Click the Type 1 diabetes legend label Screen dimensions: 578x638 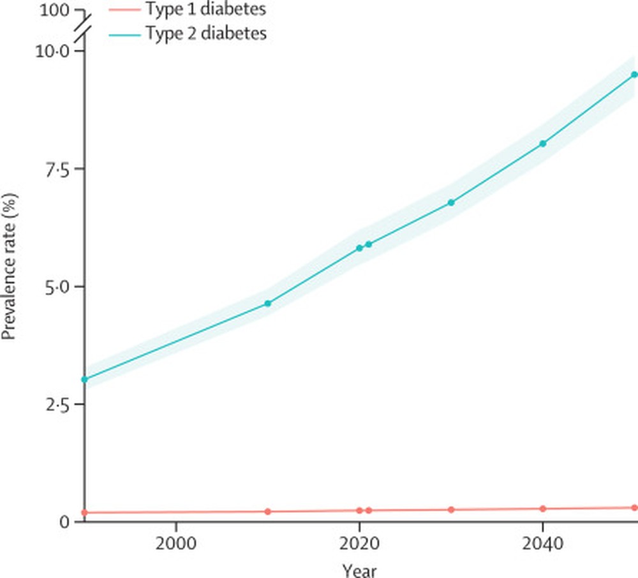click(205, 10)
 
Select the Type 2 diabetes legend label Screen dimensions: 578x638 click(205, 34)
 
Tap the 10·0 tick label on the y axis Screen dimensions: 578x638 click(52, 51)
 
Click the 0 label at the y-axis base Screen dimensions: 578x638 click(64, 522)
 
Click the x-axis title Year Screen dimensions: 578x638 click(359, 568)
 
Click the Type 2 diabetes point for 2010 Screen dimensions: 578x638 click(268, 303)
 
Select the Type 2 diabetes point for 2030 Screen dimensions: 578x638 click(451, 202)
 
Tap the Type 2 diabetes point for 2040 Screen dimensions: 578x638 click(543, 144)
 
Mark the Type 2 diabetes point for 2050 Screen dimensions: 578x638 click(634, 75)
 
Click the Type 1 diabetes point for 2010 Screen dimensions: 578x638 click(268, 512)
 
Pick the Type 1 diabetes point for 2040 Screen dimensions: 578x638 click(543, 508)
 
